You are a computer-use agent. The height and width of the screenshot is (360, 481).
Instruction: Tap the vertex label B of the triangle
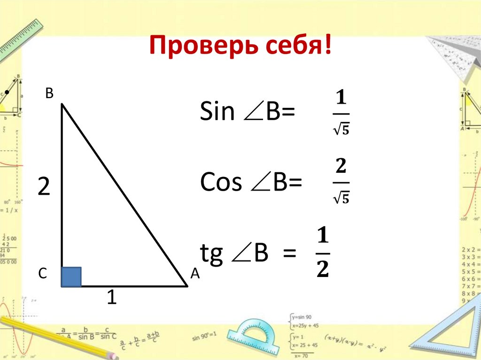49,94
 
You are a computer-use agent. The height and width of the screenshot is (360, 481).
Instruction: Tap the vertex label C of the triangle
43,274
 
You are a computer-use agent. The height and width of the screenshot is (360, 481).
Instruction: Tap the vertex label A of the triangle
195,274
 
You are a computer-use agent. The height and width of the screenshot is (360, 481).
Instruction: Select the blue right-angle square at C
71,276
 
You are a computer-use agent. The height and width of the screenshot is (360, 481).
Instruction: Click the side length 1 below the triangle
111,298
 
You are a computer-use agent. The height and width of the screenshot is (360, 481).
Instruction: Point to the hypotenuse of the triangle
125,195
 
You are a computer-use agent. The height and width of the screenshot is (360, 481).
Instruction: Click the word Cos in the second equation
221,183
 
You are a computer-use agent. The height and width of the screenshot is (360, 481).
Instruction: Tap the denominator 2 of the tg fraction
323,270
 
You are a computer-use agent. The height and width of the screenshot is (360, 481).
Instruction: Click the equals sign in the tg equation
289,255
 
